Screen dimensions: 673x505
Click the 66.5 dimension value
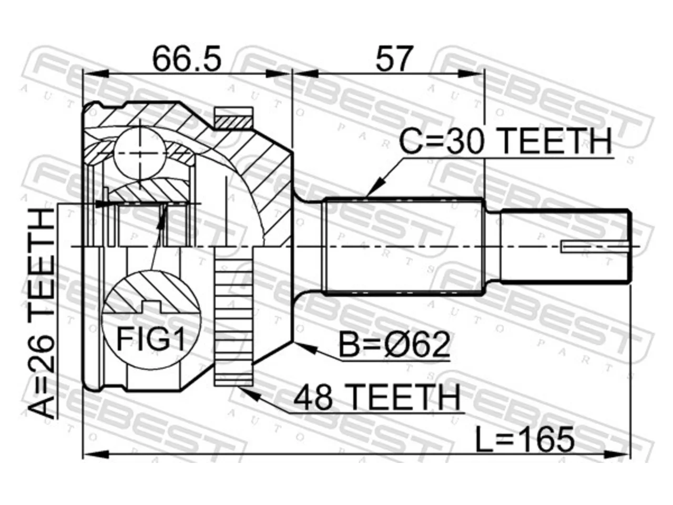[187, 58]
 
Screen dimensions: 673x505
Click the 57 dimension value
[393, 58]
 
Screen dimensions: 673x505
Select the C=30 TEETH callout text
[505, 142]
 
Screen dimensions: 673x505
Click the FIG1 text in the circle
[151, 339]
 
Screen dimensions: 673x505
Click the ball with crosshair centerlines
[140, 153]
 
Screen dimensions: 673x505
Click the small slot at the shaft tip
[595, 247]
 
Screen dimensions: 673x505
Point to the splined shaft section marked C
[403, 247]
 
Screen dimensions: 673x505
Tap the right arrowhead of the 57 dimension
[471, 74]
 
